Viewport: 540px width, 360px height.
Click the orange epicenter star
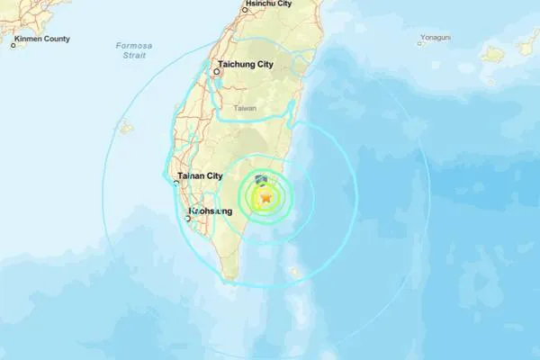click(265, 197)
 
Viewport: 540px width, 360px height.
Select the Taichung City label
click(248, 64)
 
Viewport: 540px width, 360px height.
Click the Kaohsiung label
click(211, 211)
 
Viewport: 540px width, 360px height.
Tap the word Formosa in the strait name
click(135, 45)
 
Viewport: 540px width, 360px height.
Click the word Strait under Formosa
click(135, 56)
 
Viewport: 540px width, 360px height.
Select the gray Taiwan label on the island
click(245, 108)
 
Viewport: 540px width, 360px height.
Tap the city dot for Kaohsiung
click(188, 218)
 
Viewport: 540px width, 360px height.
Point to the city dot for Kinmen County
click(13, 44)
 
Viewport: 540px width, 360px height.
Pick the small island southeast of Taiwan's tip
click(293, 271)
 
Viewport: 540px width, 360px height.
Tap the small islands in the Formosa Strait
click(126, 128)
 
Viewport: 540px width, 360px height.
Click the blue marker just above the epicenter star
click(261, 181)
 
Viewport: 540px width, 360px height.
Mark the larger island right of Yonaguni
click(492, 54)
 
